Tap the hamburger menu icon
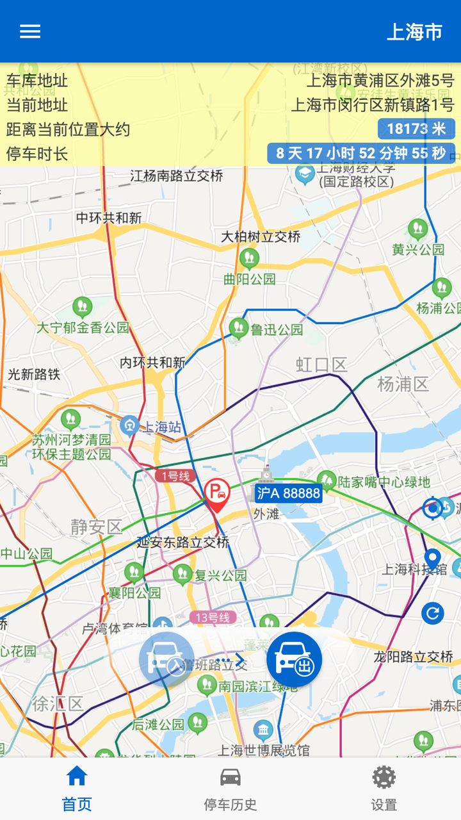(x=30, y=31)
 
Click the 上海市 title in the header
(x=414, y=32)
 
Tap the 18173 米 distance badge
(x=416, y=129)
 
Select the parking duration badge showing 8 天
(x=361, y=154)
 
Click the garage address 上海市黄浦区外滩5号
(x=380, y=81)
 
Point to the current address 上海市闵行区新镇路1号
(x=372, y=105)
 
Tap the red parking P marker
(x=217, y=494)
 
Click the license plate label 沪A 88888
(x=288, y=493)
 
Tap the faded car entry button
(x=166, y=660)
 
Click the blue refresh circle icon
(x=433, y=613)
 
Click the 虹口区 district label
(x=321, y=365)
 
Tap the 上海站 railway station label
(x=160, y=427)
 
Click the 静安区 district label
(x=96, y=527)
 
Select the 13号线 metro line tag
(x=213, y=618)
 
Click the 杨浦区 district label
(x=403, y=384)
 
